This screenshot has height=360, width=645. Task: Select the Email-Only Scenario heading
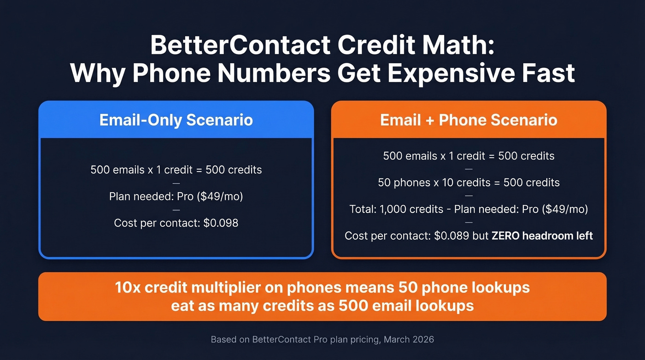click(176, 120)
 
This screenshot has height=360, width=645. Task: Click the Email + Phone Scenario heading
click(469, 120)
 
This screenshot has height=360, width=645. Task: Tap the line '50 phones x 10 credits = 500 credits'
click(469, 183)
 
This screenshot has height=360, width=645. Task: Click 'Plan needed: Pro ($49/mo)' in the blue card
click(176, 196)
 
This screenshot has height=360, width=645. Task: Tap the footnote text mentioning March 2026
click(322, 340)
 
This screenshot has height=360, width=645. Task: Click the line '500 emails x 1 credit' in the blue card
click(176, 170)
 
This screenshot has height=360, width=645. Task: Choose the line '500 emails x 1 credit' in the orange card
click(469, 156)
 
